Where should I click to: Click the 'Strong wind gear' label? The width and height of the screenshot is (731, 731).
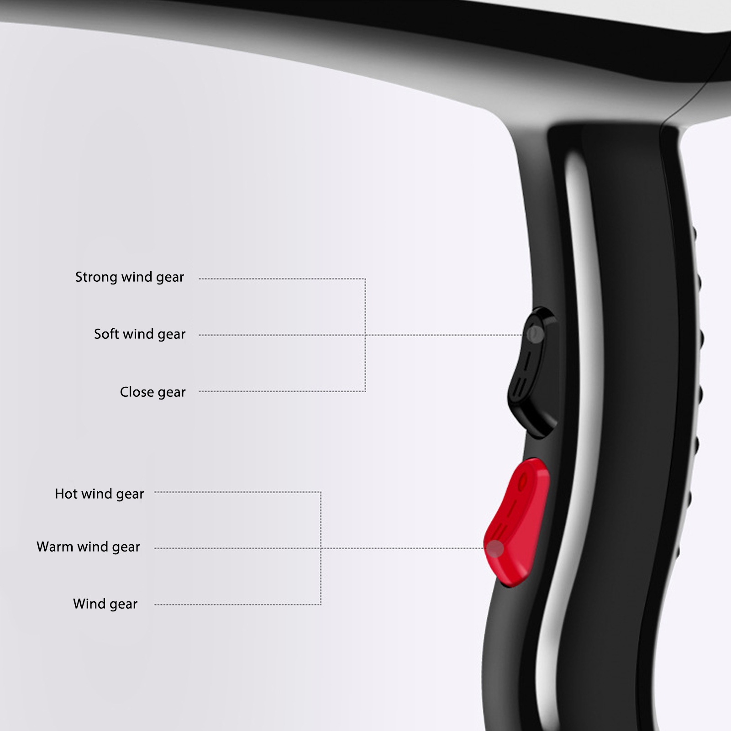[x=130, y=277]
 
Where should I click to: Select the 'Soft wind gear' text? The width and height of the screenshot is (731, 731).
[x=140, y=334]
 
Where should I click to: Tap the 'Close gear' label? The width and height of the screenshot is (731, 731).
[x=153, y=392]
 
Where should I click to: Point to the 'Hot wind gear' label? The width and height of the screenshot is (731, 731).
[x=99, y=494]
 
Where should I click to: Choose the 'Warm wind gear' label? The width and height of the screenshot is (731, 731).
[x=88, y=547]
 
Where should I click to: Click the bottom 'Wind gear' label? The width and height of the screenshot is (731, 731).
[x=105, y=604]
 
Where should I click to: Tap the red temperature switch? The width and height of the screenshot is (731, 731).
[x=517, y=523]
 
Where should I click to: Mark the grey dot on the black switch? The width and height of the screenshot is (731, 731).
[x=535, y=334]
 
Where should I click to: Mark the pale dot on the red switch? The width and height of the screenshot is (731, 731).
[x=495, y=549]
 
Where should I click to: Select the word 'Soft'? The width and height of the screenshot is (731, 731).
[x=106, y=334]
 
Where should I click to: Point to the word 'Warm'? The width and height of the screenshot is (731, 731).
[x=54, y=547]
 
